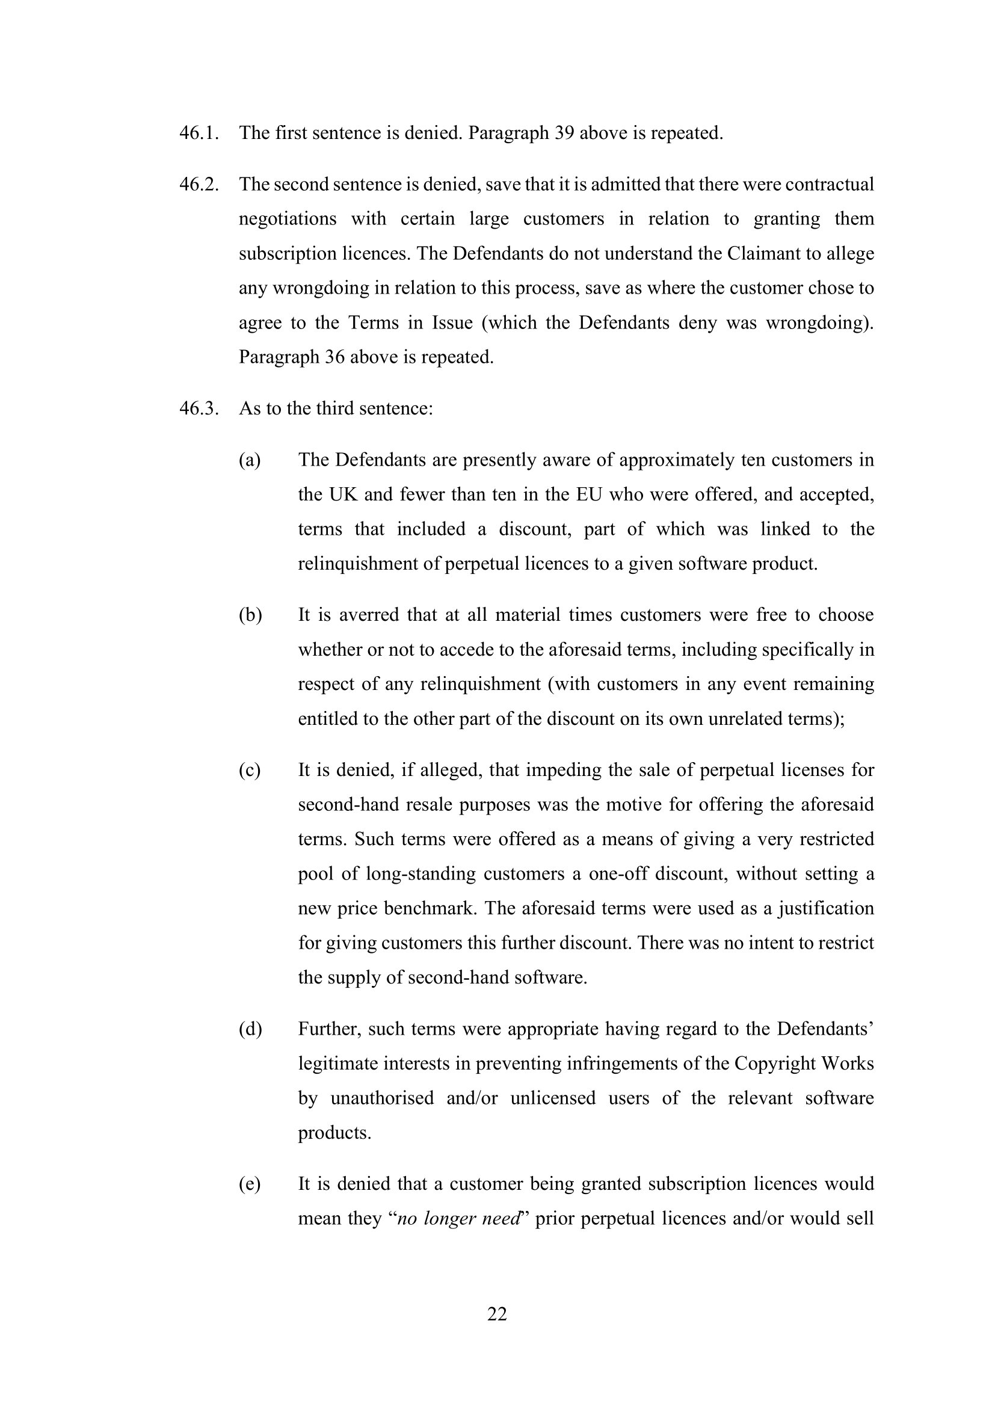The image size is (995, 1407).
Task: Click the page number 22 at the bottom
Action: tap(497, 1314)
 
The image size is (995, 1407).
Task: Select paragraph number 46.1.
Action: tap(199, 133)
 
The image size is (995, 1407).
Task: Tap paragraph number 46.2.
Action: tap(199, 185)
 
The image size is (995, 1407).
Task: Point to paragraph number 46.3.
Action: tap(199, 408)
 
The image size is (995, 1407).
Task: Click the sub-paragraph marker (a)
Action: tap(250, 460)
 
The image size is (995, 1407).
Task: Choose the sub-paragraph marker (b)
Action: tap(250, 615)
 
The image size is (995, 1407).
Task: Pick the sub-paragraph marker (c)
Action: tap(250, 770)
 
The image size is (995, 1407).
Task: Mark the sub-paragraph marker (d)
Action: tap(250, 1029)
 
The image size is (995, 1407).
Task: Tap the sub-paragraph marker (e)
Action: tap(250, 1183)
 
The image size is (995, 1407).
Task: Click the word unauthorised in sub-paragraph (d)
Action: tap(382, 1098)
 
